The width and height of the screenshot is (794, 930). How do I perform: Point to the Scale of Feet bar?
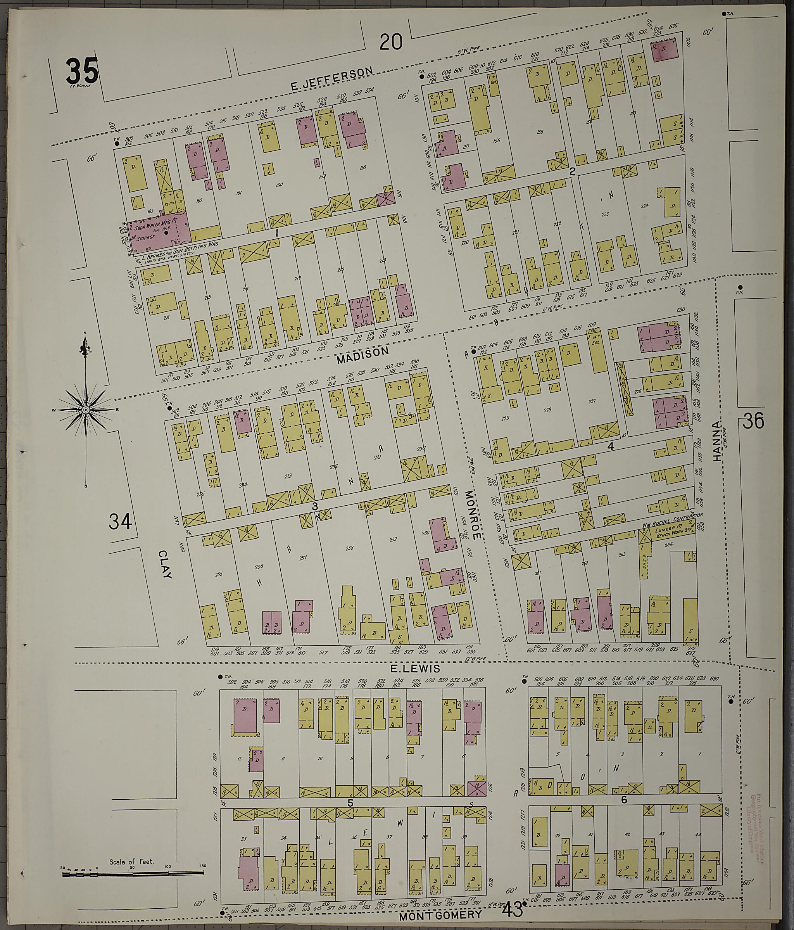pyautogui.click(x=133, y=873)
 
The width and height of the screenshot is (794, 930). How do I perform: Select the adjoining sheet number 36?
pyautogui.click(x=753, y=422)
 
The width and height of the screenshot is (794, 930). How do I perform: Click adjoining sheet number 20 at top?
pyautogui.click(x=391, y=43)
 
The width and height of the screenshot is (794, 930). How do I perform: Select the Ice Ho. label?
pyautogui.click(x=169, y=203)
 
